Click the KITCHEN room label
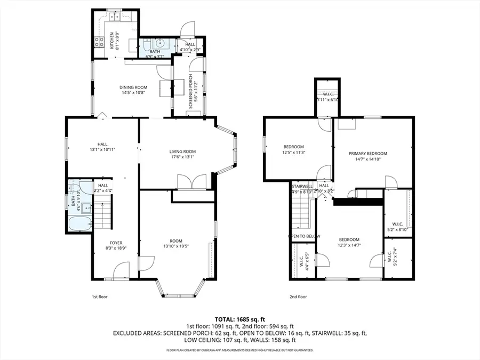[112, 41]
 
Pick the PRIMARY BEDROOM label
[367, 154]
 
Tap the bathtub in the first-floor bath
[78, 225]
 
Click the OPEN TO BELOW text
[304, 236]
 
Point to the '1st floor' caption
[100, 297]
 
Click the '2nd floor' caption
[298, 297]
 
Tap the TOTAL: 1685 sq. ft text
[240, 318]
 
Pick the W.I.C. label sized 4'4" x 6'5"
[302, 261]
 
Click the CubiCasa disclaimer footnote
[240, 350]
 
